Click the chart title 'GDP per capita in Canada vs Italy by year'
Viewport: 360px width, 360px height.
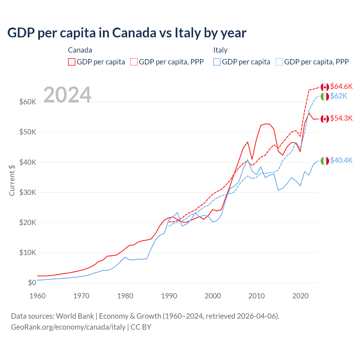(127, 33)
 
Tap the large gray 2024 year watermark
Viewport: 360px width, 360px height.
(67, 95)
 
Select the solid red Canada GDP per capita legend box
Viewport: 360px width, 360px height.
(72, 62)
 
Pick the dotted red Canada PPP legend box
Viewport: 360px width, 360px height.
(134, 62)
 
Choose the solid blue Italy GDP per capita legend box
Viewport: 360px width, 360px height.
(217, 62)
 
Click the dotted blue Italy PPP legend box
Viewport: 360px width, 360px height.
(279, 62)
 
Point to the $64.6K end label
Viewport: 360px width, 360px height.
(341, 86)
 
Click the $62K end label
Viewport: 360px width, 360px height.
(339, 96)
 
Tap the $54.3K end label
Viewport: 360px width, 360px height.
(341, 118)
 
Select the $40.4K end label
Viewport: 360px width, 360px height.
(341, 161)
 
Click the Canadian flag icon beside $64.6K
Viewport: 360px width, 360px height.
(325, 87)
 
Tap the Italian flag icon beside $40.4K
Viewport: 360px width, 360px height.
(325, 161)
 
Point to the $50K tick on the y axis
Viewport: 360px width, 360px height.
(28, 132)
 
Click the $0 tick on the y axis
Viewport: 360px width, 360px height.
(32, 283)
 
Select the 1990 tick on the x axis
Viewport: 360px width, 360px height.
(169, 296)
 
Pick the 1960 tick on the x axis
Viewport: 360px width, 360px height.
(38, 296)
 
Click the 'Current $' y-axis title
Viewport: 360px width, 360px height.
(12, 180)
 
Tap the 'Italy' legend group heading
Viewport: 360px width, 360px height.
(220, 50)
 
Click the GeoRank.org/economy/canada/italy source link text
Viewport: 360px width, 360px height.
(68, 327)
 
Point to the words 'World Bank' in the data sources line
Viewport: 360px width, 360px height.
(75, 316)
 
